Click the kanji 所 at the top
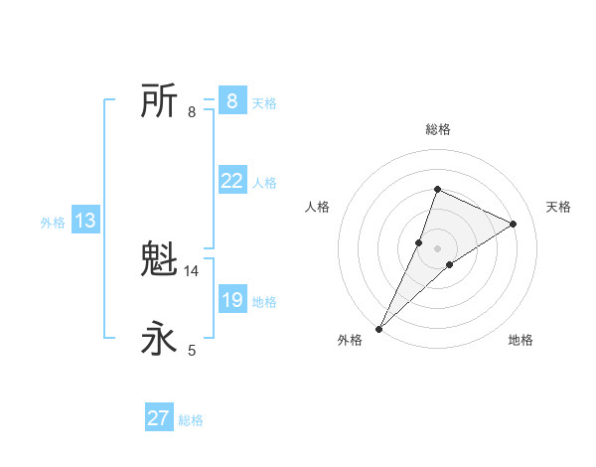tap(159, 101)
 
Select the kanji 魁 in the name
tap(159, 260)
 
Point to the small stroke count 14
tap(192, 271)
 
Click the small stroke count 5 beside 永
tap(192, 351)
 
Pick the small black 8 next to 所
tap(192, 112)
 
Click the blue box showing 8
tap(231, 101)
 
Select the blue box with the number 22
tap(231, 181)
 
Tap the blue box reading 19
tap(231, 300)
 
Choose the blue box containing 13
tap(85, 221)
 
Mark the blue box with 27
tap(159, 418)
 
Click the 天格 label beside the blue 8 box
tap(264, 103)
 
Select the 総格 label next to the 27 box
tap(191, 420)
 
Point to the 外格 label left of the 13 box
tap(53, 223)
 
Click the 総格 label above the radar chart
tap(437, 129)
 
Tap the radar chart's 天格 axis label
tap(558, 207)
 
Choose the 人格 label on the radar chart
tap(317, 207)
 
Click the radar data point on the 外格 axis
tap(379, 328)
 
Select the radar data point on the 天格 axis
tap(514, 224)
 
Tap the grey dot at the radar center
tap(437, 248)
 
